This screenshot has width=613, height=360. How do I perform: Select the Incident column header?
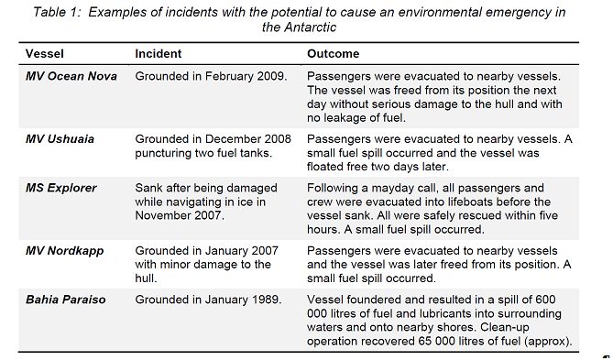[x=158, y=54]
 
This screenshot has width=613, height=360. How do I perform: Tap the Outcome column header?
[x=333, y=54]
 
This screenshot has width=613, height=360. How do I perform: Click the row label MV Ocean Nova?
[x=71, y=77]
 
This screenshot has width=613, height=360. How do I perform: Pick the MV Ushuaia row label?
[x=60, y=139]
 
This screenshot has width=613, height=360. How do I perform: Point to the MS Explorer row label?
[x=60, y=189]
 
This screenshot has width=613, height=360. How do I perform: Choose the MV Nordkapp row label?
[x=63, y=250]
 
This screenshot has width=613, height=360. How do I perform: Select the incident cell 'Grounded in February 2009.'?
[x=212, y=77]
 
